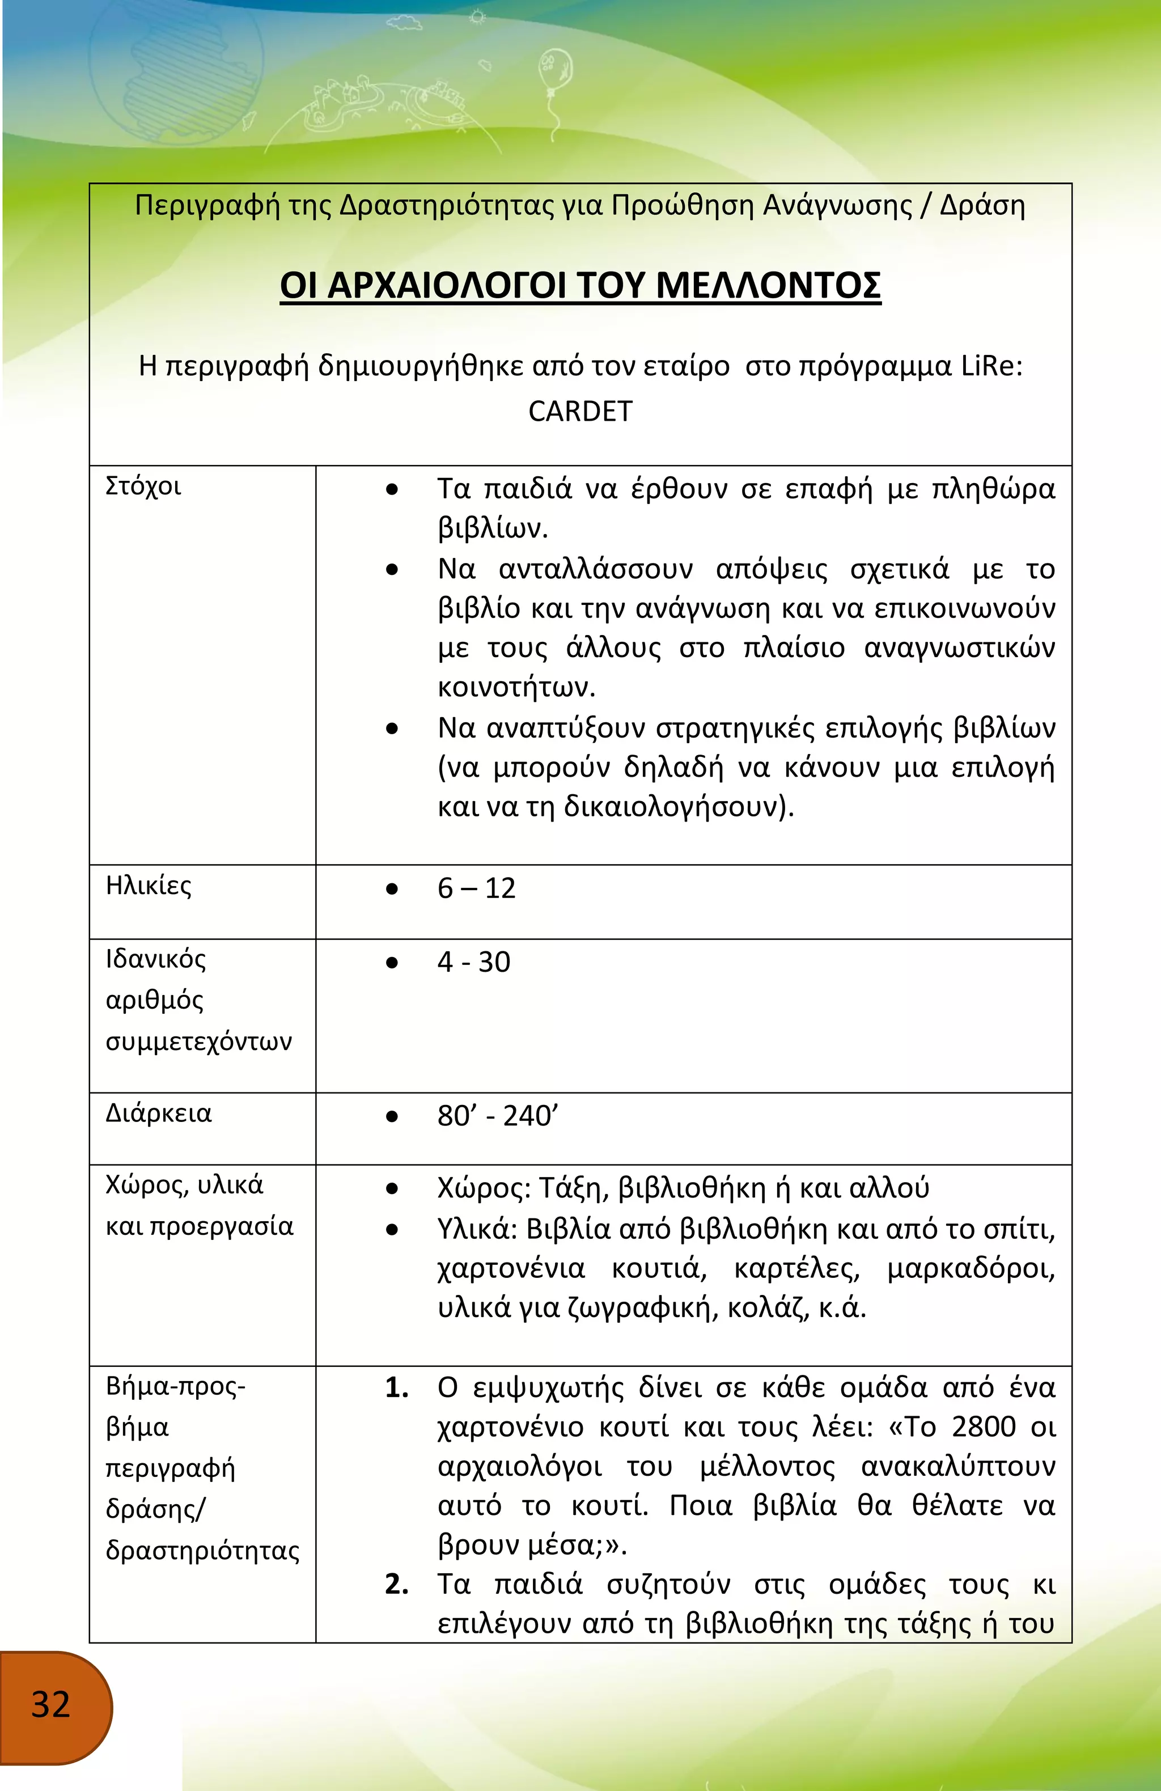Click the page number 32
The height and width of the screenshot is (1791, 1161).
pyautogui.click(x=50, y=1704)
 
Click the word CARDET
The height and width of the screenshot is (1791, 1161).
pyautogui.click(x=580, y=412)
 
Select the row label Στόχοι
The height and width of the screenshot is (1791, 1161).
pyautogui.click(x=143, y=486)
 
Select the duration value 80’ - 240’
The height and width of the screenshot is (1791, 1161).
pyautogui.click(x=497, y=1116)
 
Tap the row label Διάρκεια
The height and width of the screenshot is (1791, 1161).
pyautogui.click(x=158, y=1113)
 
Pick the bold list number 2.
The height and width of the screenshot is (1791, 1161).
pyautogui.click(x=396, y=1585)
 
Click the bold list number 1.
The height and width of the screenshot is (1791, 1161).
pyautogui.click(x=396, y=1388)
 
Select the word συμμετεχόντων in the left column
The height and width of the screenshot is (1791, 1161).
pyautogui.click(x=198, y=1042)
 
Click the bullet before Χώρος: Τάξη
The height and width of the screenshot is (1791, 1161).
pyautogui.click(x=391, y=1189)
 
